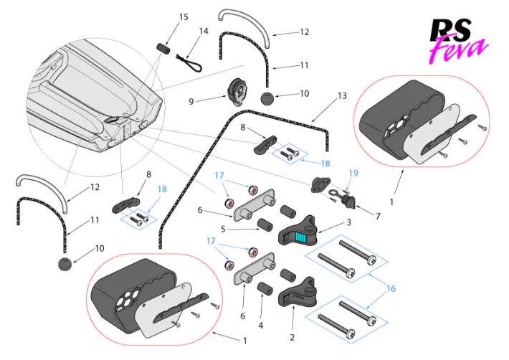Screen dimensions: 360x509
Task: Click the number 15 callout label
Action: pos(184,16)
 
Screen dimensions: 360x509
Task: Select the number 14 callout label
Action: pos(204,32)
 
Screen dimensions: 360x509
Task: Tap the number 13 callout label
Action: pos(341,95)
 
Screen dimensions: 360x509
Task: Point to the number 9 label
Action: pos(191,101)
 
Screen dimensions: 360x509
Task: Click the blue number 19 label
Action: pos(352,173)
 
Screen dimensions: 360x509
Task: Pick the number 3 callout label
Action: pos(348,223)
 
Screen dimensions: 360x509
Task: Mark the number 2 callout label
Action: pos(292,336)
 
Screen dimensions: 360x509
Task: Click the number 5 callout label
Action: pos(223,229)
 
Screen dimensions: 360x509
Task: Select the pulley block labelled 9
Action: pos(237,93)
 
